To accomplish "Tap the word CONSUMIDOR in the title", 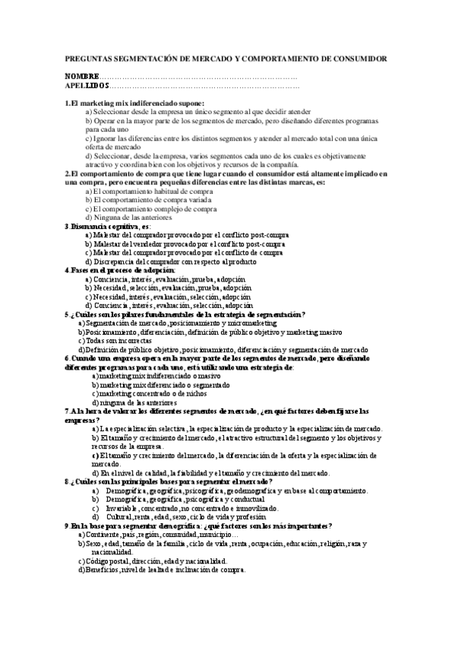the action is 354,59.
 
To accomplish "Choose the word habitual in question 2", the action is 162,191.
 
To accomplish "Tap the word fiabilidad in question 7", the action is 200,472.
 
